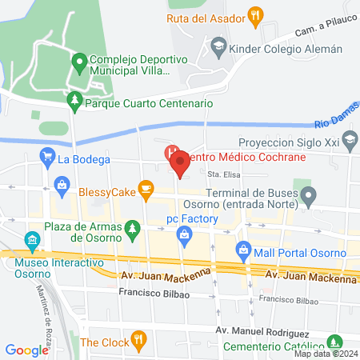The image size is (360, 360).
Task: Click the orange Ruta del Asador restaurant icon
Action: tap(256, 14)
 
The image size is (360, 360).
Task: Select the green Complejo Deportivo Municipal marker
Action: tap(79, 60)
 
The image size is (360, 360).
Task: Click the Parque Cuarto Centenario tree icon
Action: tap(74, 102)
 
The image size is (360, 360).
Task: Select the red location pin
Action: tap(180, 164)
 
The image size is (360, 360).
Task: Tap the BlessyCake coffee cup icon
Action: tap(145, 189)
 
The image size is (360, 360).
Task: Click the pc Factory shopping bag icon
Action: tap(185, 234)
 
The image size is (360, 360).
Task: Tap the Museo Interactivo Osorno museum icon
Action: tap(32, 238)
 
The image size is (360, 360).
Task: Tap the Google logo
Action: tap(27, 350)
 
